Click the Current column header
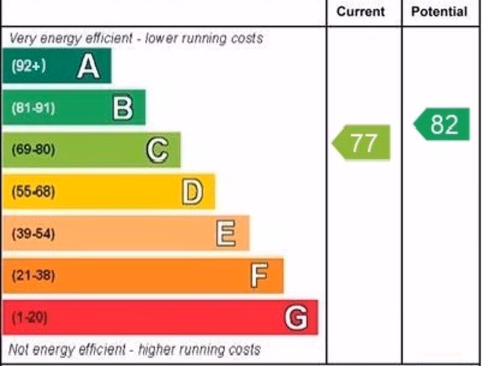360,11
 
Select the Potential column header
439,11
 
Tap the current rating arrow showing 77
362,142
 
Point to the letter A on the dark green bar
88,66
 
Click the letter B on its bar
122,108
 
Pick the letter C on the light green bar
157,150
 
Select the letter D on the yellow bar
192,192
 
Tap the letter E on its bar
226,234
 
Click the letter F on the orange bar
259,275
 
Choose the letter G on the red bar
295,317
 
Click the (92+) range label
29,66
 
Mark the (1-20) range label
30,317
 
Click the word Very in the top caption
22,38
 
